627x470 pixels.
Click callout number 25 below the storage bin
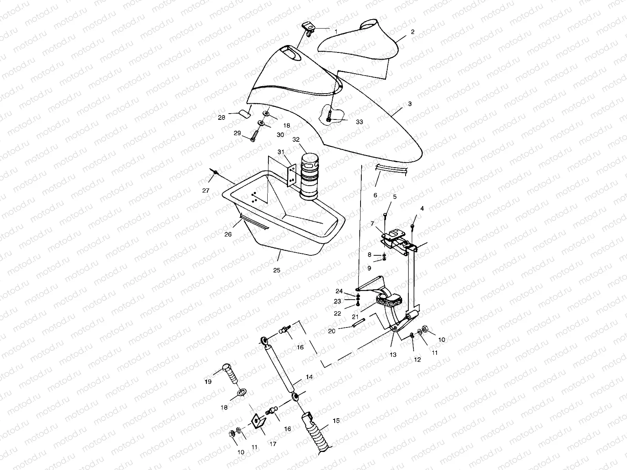277,270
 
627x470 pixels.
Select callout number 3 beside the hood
410,104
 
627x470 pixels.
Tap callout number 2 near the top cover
413,32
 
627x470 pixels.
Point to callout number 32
295,139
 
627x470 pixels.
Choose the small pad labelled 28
243,114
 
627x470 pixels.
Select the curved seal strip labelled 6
392,170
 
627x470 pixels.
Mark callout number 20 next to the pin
332,331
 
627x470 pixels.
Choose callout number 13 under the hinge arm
393,354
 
